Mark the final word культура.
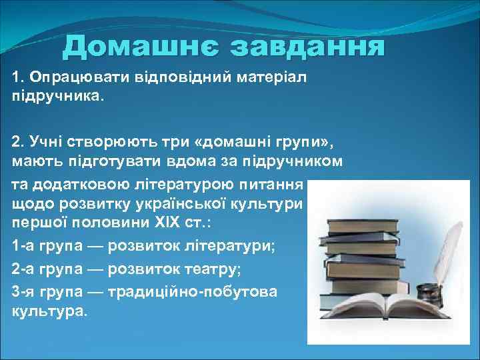[x=49, y=311]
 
